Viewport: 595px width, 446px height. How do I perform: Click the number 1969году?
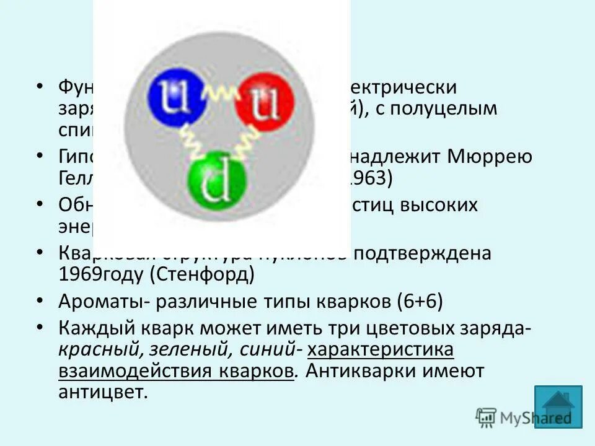[x=104, y=275]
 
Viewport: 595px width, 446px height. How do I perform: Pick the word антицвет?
[x=104, y=393]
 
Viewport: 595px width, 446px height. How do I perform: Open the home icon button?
[x=558, y=406]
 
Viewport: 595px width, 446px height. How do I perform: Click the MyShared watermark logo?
[x=524, y=418]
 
